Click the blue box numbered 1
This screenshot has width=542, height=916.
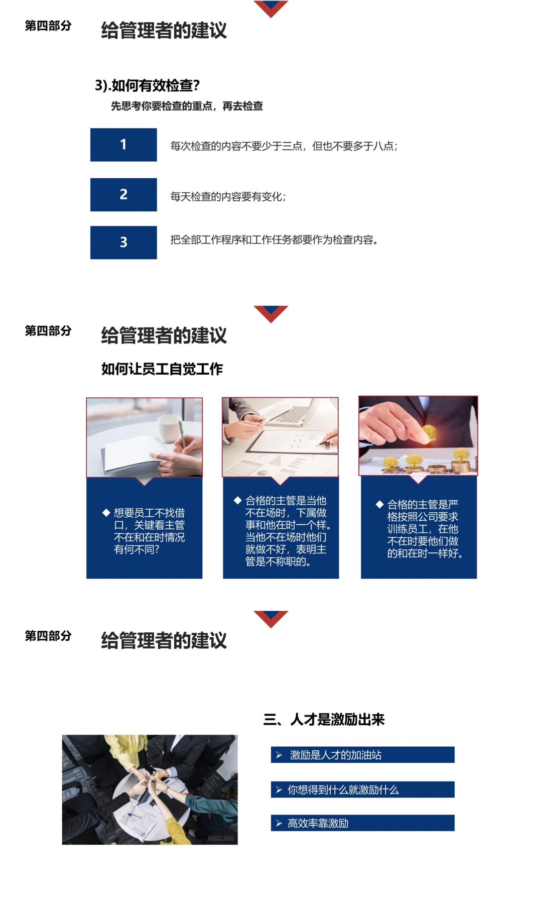click(123, 145)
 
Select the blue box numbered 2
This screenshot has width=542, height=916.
click(123, 194)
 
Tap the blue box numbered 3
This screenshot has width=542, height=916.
click(123, 242)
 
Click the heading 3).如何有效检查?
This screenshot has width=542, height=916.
click(148, 85)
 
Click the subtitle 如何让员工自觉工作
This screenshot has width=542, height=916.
click(162, 369)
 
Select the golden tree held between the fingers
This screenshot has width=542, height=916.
click(429, 433)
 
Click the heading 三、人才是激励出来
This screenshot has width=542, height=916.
click(324, 720)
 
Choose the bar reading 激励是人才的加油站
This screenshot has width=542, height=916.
click(363, 755)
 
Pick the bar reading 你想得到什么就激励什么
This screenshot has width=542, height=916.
click(363, 789)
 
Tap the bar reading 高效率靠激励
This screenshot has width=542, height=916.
click(363, 823)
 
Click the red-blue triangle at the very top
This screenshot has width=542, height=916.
click(271, 8)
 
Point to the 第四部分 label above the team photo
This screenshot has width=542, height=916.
click(48, 636)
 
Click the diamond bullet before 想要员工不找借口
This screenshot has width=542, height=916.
click(106, 513)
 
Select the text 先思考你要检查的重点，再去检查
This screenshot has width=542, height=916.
click(187, 106)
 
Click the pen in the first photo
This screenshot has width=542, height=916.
click(182, 434)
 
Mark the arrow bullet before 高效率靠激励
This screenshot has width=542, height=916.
click(279, 824)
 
